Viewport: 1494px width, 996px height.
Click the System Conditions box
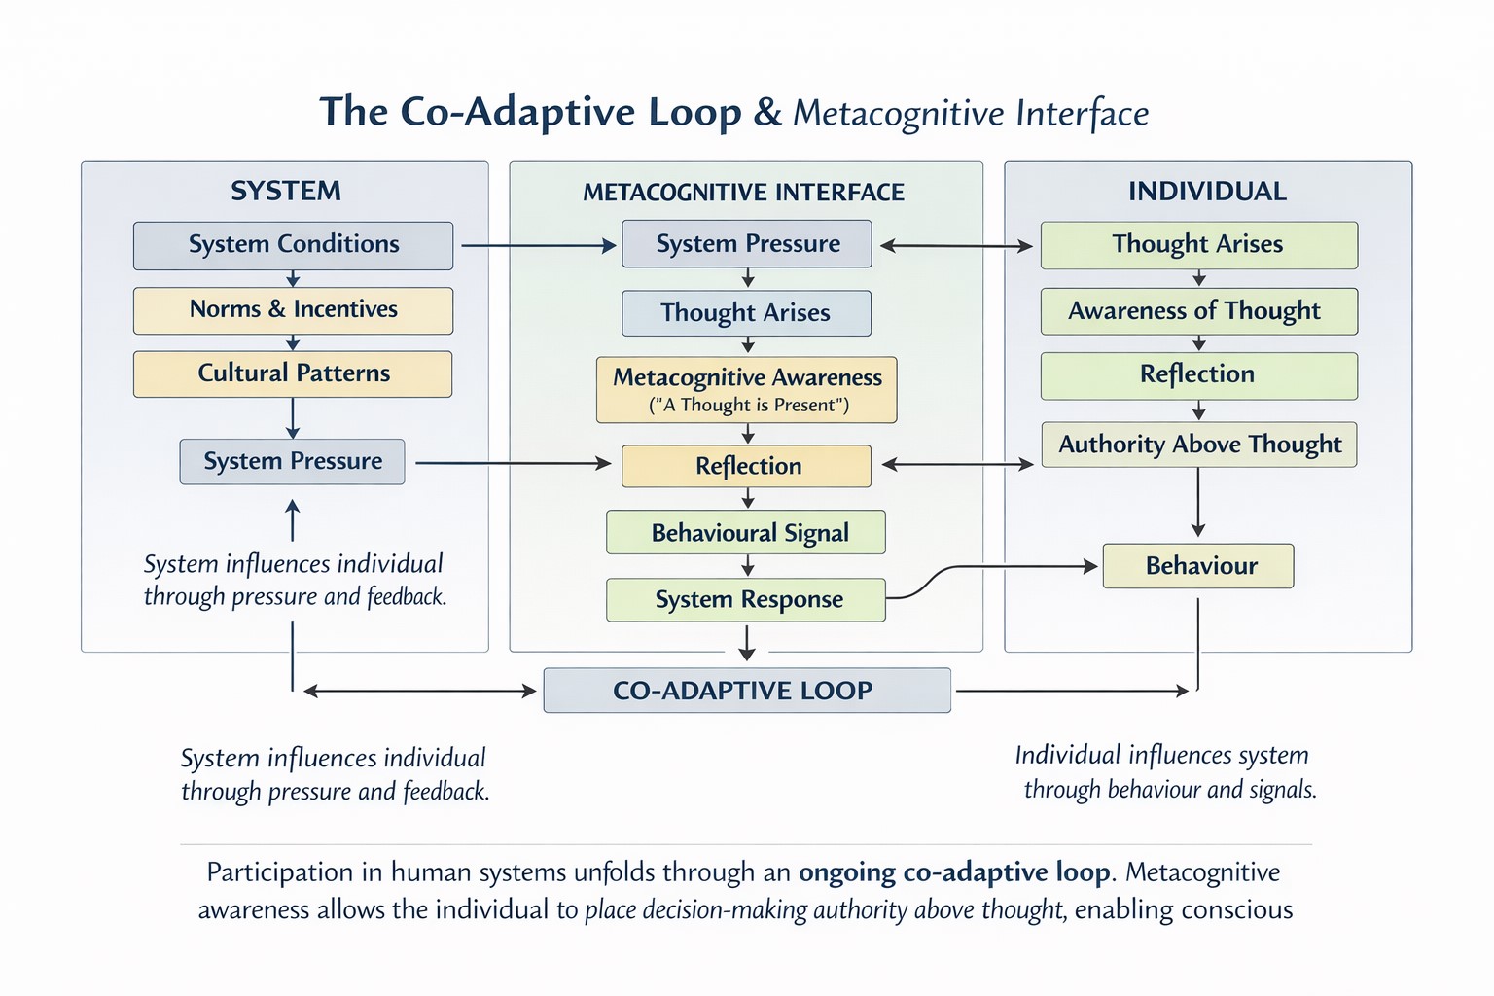pyautogui.click(x=293, y=245)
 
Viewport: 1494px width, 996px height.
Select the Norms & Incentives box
pyautogui.click(x=293, y=310)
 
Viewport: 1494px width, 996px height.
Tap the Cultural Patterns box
pyautogui.click(x=293, y=373)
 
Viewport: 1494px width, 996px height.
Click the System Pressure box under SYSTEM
pyautogui.click(x=292, y=461)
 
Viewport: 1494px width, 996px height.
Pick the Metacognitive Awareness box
pyautogui.click(x=747, y=389)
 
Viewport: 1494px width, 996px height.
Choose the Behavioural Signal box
pyautogui.click(x=746, y=532)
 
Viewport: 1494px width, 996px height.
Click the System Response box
pyautogui.click(x=746, y=599)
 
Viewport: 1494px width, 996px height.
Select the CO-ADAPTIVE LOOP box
pyautogui.click(x=746, y=691)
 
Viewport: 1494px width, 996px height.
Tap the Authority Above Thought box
pyautogui.click(x=1198, y=445)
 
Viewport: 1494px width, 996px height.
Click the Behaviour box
pyautogui.click(x=1198, y=566)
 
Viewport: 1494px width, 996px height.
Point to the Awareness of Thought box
pyautogui.click(x=1198, y=311)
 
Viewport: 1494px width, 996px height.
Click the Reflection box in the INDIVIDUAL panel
pyautogui.click(x=1198, y=375)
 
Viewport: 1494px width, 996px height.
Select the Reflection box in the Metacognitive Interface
pyautogui.click(x=746, y=466)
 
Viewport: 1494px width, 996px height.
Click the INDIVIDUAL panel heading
pyautogui.click(x=1207, y=192)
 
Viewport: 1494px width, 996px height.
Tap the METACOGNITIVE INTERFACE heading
pyautogui.click(x=744, y=193)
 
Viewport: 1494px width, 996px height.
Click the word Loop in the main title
pyautogui.click(x=694, y=112)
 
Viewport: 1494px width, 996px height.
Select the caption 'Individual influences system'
pyautogui.click(x=1161, y=756)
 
